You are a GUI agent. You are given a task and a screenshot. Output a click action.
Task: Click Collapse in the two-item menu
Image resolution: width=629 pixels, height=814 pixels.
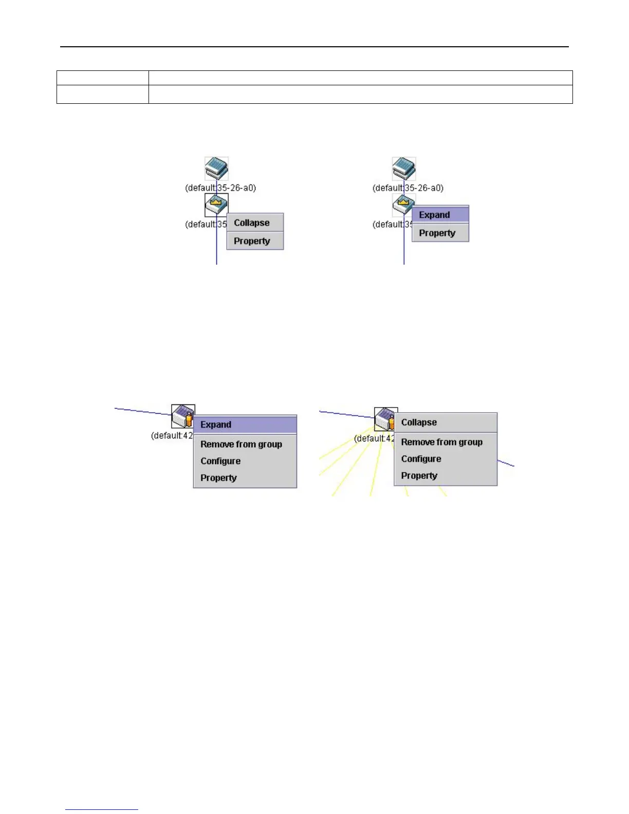coord(252,223)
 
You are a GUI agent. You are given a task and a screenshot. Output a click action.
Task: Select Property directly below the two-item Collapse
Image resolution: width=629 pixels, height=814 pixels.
coord(252,241)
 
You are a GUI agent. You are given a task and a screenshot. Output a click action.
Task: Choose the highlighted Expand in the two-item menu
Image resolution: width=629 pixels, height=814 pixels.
coord(435,215)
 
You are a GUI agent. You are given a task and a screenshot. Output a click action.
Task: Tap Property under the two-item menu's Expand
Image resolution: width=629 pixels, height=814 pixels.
coord(437,233)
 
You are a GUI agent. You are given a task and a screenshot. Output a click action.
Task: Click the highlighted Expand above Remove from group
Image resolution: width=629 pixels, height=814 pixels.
coord(216,424)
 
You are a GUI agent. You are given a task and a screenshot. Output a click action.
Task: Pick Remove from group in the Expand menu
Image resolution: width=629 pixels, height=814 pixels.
coord(241,444)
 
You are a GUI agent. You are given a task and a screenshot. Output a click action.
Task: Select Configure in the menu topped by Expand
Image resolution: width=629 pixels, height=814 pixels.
coord(220,461)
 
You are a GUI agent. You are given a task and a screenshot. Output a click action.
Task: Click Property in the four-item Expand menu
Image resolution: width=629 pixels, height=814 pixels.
coord(218,478)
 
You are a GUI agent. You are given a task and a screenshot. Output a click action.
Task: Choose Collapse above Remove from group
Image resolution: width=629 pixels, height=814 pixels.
coord(419,422)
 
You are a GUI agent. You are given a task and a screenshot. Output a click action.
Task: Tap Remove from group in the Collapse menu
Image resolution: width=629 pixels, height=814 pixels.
coord(441,442)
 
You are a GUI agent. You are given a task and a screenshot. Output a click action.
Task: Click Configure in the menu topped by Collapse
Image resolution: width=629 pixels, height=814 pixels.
coord(421,459)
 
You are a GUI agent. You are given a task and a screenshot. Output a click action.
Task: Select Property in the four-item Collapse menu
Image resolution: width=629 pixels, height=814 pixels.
coord(419,476)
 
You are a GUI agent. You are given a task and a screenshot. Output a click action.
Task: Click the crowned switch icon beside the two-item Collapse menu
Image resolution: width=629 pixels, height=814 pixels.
coord(216,205)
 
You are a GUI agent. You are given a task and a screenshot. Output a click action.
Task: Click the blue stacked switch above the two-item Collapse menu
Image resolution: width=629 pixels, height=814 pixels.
coord(216,169)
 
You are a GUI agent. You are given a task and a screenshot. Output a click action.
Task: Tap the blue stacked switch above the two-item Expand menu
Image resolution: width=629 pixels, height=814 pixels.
coord(404,169)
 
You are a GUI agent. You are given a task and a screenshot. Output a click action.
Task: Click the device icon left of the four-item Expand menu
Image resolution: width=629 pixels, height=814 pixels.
coord(183,416)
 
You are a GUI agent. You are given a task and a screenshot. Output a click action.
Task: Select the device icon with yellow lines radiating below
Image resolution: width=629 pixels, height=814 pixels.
coord(385,419)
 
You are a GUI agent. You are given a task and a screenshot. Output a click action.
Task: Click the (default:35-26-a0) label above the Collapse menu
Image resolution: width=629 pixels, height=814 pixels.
coord(220,188)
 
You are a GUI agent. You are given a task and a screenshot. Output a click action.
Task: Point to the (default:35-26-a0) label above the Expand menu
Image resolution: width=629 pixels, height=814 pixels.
coord(408,188)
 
